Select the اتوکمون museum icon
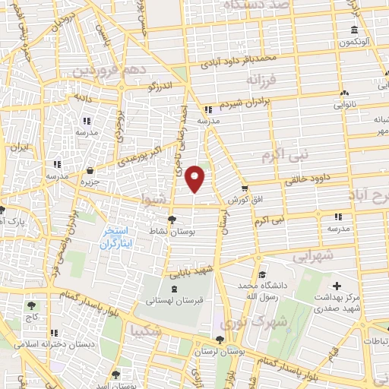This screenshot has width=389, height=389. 353,31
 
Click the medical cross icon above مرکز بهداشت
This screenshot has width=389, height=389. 337,286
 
